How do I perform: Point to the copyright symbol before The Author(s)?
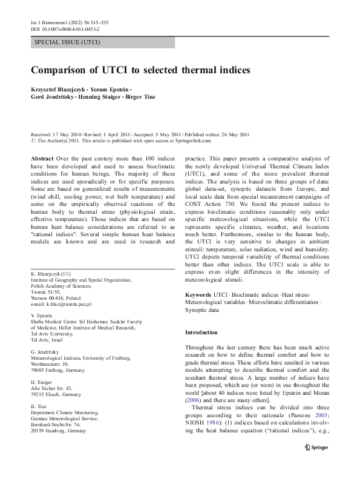pos(33,140)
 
